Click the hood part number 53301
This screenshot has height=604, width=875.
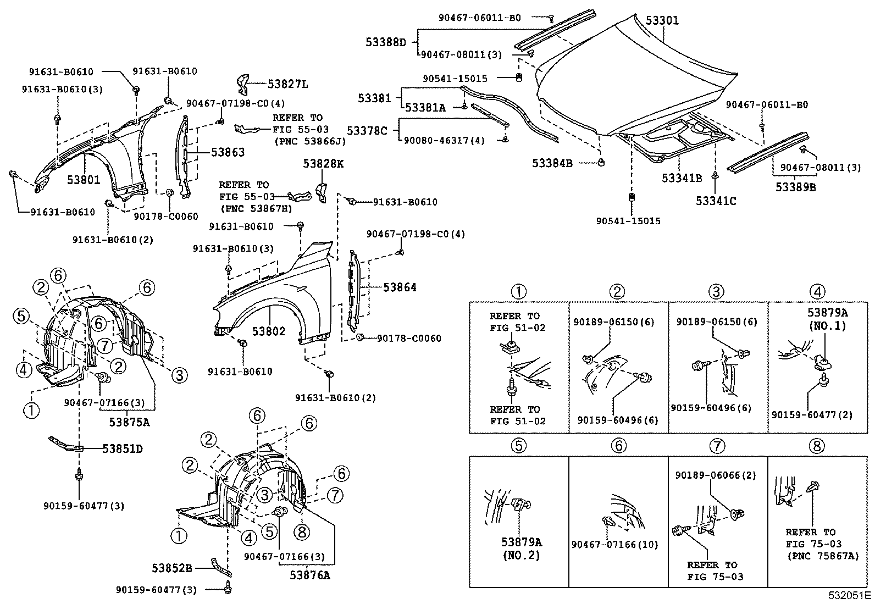click(x=662, y=21)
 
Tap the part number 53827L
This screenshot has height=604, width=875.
click(x=288, y=84)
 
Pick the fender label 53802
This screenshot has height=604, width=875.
click(x=269, y=331)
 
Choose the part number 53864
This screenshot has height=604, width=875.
click(x=400, y=287)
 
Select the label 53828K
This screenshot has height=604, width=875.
click(x=323, y=163)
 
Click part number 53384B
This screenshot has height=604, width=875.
click(x=552, y=163)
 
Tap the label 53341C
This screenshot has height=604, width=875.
click(x=716, y=201)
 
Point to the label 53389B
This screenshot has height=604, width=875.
click(x=795, y=187)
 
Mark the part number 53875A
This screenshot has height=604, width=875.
click(x=130, y=422)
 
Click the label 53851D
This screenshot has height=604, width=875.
click(x=122, y=449)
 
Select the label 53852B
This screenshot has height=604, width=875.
click(x=172, y=568)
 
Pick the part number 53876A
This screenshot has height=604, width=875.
click(x=311, y=575)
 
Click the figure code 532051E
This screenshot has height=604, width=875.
click(x=850, y=595)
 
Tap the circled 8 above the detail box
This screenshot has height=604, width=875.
click(x=817, y=446)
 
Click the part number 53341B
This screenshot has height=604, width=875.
click(x=682, y=178)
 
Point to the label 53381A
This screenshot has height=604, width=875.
click(x=425, y=108)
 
